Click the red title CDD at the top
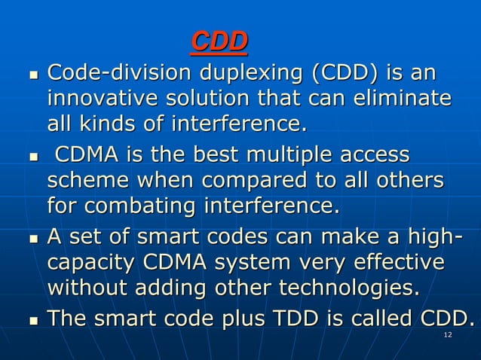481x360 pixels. [219, 42]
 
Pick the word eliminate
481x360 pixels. [403, 99]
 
